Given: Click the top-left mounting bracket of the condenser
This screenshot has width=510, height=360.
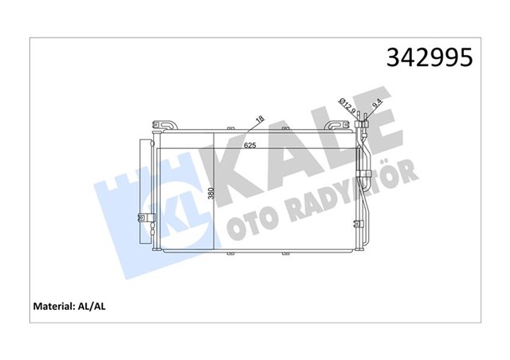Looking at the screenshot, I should (x=163, y=125).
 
